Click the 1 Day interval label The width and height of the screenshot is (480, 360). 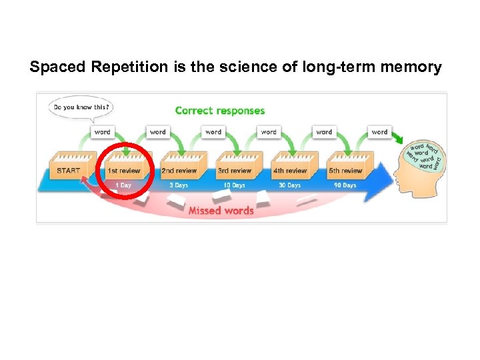(123, 185)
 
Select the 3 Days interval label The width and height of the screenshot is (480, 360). (179, 185)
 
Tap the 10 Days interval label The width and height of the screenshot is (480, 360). (234, 185)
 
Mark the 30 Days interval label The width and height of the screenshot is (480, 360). (289, 185)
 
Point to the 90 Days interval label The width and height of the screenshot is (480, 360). (345, 185)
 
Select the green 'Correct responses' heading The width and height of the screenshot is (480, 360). (220, 111)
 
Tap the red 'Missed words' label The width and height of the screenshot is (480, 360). (221, 211)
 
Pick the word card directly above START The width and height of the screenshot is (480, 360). (102, 132)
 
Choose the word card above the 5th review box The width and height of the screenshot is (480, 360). (379, 132)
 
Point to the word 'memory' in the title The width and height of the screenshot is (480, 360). (413, 67)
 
